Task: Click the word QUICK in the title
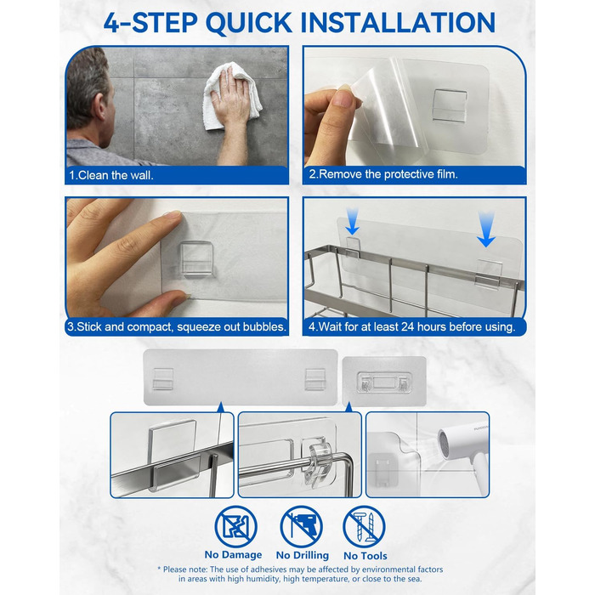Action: pyautogui.click(x=249, y=23)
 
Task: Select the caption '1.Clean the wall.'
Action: pyautogui.click(x=111, y=175)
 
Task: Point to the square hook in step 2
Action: pyautogui.click(x=450, y=106)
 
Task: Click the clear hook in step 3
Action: pyautogui.click(x=195, y=258)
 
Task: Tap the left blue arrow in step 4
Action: pyautogui.click(x=352, y=222)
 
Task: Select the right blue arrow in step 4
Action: pyautogui.click(x=486, y=229)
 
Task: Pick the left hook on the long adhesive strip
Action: pyautogui.click(x=163, y=379)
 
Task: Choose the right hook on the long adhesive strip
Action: pyautogui.click(x=315, y=379)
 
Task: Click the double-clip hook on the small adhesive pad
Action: pyautogui.click(x=384, y=382)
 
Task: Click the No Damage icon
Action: pyautogui.click(x=235, y=527)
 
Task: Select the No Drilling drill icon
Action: pyautogui.click(x=302, y=527)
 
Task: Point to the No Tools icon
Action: pyautogui.click(x=364, y=527)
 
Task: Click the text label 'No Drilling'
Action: pyautogui.click(x=303, y=555)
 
